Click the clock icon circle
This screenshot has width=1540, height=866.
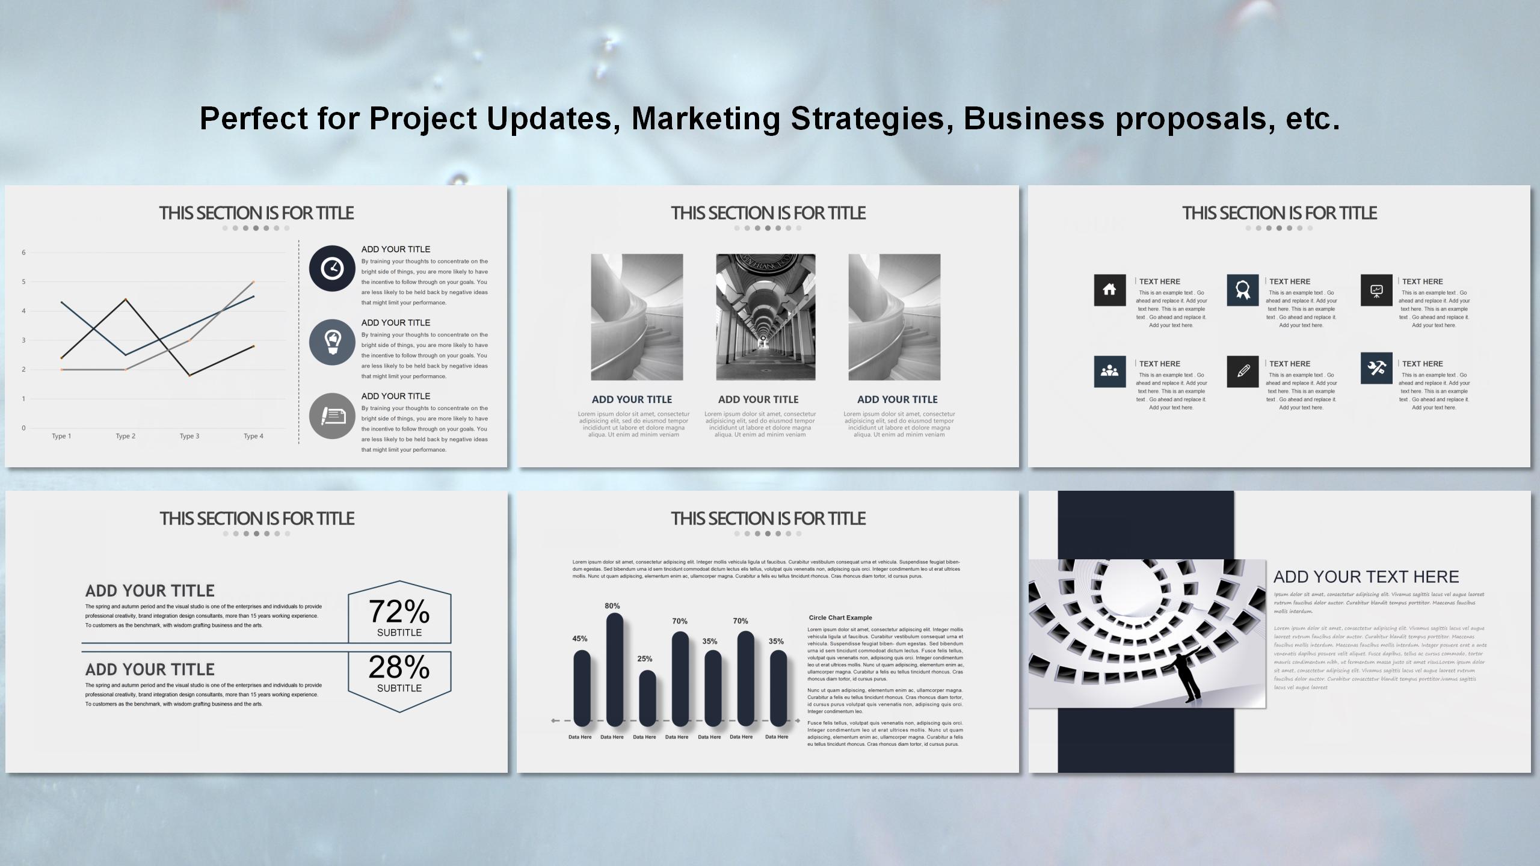click(332, 268)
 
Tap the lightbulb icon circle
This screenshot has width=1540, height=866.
click(332, 342)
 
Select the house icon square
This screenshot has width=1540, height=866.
click(1109, 290)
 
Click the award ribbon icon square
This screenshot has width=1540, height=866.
click(1242, 290)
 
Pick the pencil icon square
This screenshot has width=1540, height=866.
click(1242, 372)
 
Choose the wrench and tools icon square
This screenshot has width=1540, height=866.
click(1376, 368)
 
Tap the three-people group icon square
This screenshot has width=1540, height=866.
click(1109, 372)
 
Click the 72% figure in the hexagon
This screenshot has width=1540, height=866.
click(399, 611)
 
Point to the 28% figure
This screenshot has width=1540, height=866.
click(399, 666)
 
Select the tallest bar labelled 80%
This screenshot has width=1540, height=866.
click(614, 669)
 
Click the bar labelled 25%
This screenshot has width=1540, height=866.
click(647, 698)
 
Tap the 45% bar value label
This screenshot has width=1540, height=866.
click(579, 639)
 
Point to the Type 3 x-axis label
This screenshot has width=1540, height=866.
click(189, 436)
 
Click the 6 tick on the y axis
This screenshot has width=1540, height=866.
click(24, 253)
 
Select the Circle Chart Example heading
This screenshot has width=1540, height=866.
click(840, 618)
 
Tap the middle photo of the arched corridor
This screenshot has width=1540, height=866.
click(765, 317)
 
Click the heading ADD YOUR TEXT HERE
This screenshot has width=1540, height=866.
click(1366, 577)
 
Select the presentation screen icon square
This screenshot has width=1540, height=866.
click(1376, 290)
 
